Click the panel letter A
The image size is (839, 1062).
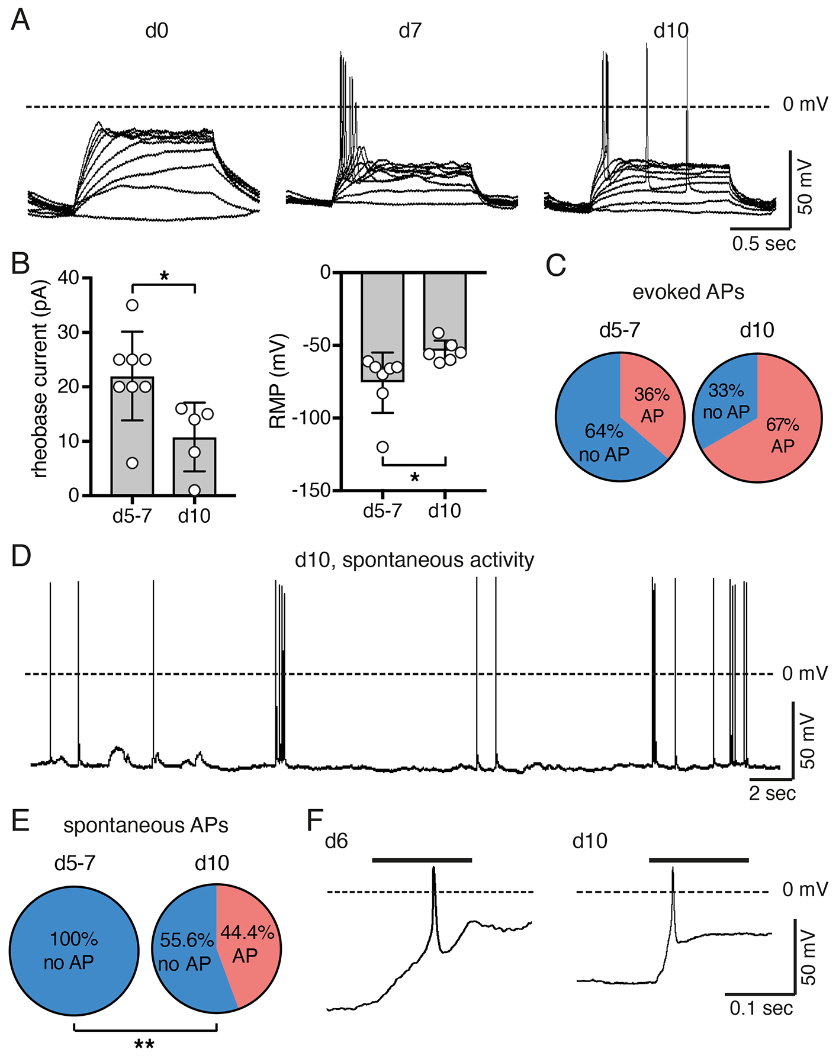21,21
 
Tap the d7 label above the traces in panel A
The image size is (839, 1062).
410,31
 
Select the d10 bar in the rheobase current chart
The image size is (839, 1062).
194,466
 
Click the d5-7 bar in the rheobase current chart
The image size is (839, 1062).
132,436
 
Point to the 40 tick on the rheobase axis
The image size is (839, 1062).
69,278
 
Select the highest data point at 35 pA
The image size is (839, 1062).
132,305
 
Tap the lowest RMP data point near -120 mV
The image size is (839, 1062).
382,446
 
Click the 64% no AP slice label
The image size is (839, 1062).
604,442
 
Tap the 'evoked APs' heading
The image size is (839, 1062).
688,292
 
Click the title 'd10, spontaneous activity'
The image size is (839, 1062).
414,559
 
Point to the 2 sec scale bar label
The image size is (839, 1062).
772,793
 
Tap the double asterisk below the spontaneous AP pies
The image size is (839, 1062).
144,1044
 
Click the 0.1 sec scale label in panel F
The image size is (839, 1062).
761,1008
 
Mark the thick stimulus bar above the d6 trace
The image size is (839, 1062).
422,860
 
